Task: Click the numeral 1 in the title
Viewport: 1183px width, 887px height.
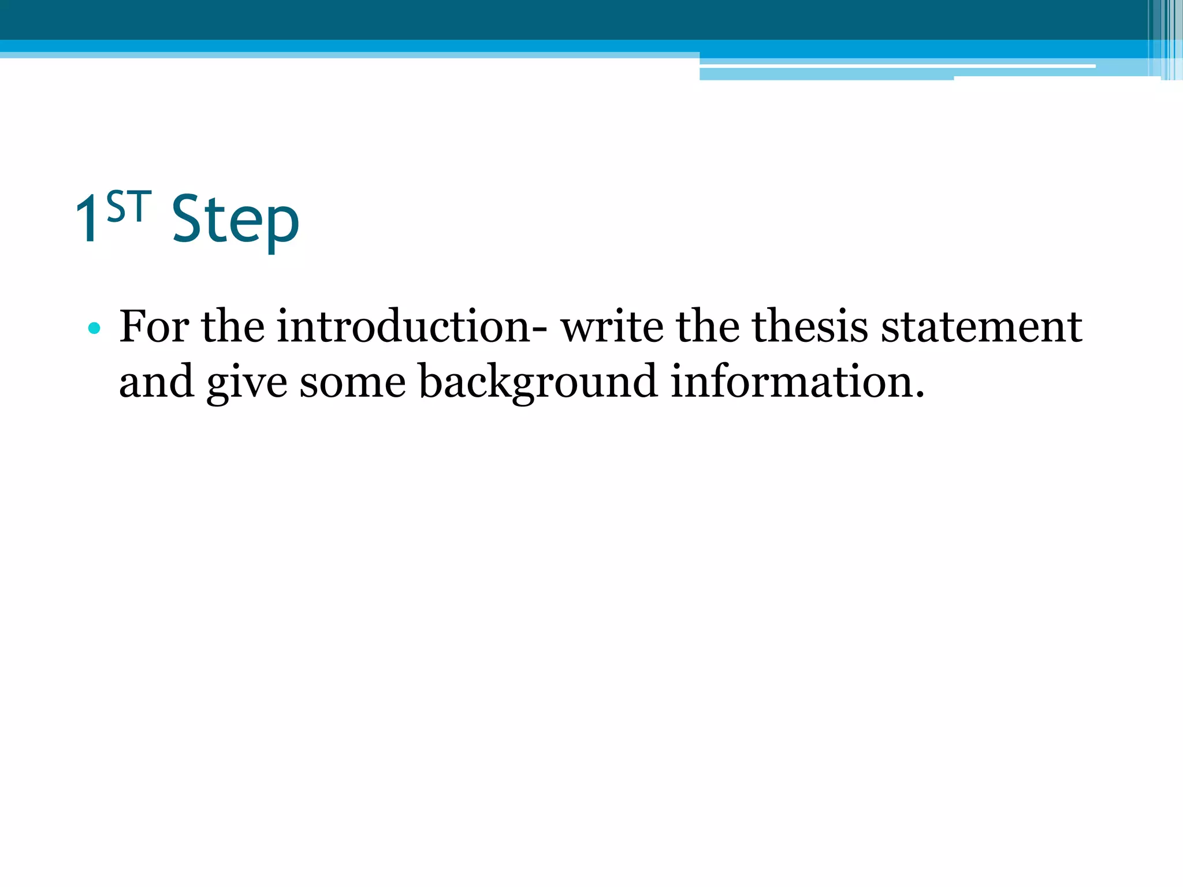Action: [x=88, y=218]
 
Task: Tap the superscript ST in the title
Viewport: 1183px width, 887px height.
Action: [x=129, y=207]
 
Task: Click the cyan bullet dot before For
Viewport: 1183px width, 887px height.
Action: [x=94, y=329]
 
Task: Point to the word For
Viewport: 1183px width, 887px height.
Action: [x=154, y=327]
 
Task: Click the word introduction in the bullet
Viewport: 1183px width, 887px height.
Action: [x=403, y=327]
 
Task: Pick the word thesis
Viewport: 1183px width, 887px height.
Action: [x=810, y=327]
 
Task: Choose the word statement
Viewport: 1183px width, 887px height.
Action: [x=981, y=327]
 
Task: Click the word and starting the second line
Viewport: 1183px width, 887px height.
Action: [x=156, y=382]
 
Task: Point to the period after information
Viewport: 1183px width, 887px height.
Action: [x=920, y=396]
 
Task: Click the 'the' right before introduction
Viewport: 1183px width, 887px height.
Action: [x=233, y=327]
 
